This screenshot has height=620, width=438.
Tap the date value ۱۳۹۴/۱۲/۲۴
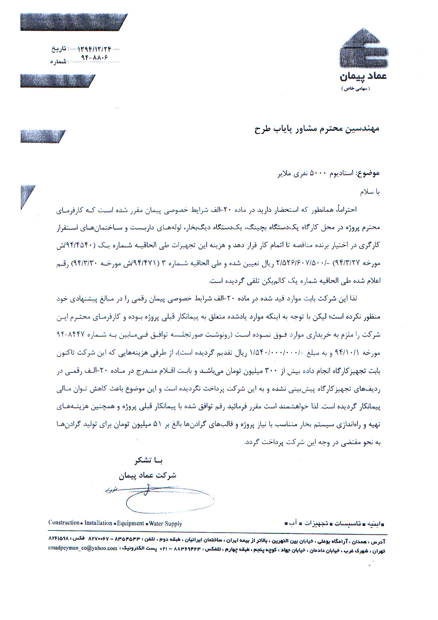tap(91, 49)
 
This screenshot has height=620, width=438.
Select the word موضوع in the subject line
tap(369, 173)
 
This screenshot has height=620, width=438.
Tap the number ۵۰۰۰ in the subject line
tap(319, 174)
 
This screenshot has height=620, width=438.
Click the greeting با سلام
tap(369, 192)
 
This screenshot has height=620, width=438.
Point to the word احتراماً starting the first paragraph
tap(346, 209)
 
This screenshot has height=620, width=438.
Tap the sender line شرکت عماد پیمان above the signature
tap(147, 475)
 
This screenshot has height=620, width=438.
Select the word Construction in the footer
tap(64, 523)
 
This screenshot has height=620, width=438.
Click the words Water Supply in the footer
tap(166, 523)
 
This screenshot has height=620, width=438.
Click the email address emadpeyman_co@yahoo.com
tap(83, 548)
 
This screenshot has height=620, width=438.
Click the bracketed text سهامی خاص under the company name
tap(355, 89)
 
